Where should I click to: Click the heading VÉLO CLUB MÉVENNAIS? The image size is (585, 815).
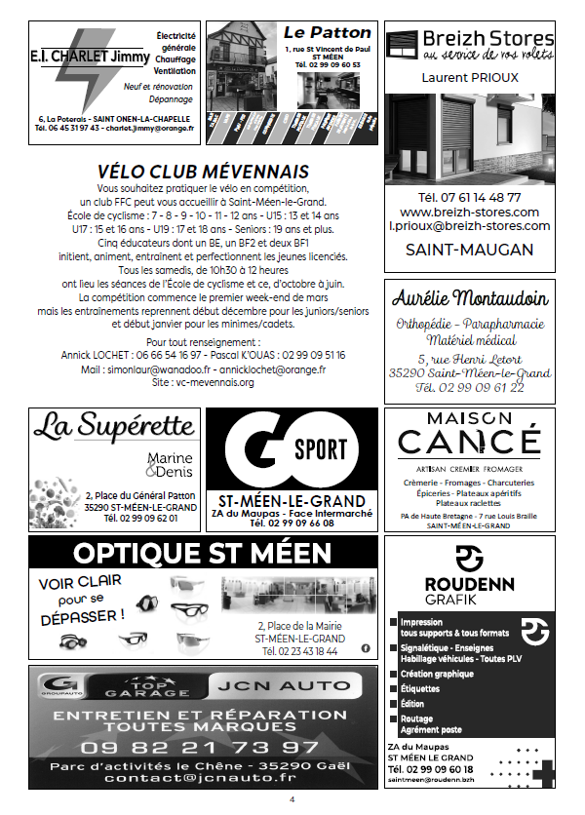(x=204, y=172)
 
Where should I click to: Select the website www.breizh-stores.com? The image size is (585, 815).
(x=470, y=212)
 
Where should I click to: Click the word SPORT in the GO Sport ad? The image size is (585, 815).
(x=321, y=450)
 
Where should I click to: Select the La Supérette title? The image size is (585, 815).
(x=114, y=425)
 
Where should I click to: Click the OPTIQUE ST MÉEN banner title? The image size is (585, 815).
(x=203, y=554)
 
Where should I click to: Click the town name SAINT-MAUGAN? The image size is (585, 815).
(x=470, y=250)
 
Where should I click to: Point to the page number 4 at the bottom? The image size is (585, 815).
(x=291, y=800)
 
